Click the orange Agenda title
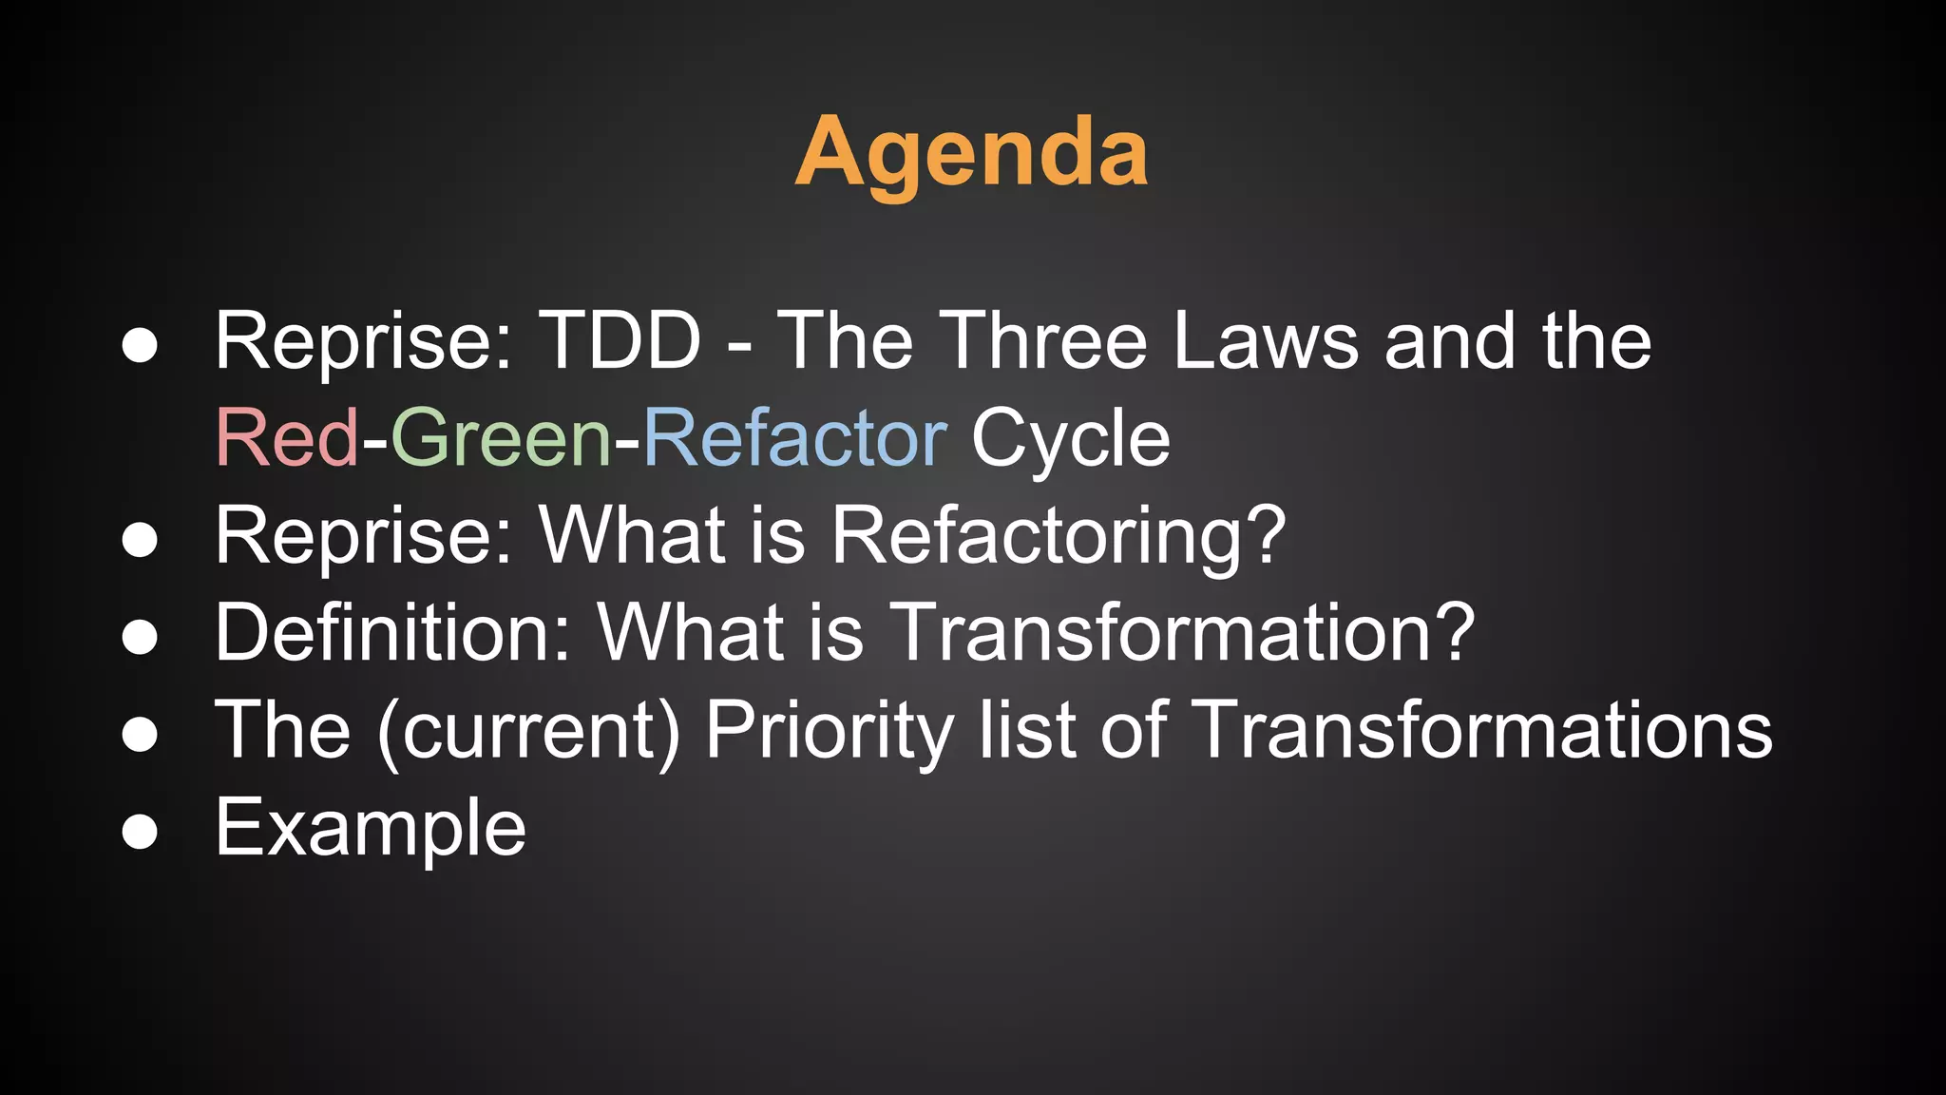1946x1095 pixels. pyautogui.click(x=971, y=152)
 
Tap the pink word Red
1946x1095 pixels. pyautogui.click(x=287, y=437)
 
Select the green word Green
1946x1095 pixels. pyautogui.click(x=501, y=437)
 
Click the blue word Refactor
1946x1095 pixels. pyautogui.click(x=794, y=437)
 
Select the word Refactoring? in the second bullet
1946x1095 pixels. pyautogui.click(x=1059, y=536)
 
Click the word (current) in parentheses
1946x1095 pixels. pyautogui.click(x=529, y=730)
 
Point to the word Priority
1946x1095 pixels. pyautogui.click(x=829, y=730)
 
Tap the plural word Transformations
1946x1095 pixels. pyautogui.click(x=1480, y=730)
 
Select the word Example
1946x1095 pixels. pyautogui.click(x=371, y=828)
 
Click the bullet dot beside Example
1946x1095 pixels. pyautogui.click(x=140, y=832)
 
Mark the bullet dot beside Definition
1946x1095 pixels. pyautogui.click(x=140, y=636)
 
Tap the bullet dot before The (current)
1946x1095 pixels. pyautogui.click(x=140, y=734)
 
